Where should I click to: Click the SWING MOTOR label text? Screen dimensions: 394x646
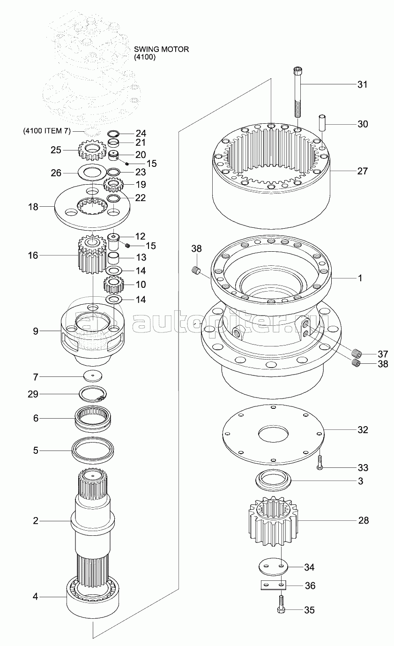[x=162, y=49]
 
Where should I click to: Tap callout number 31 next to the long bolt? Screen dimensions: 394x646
[x=362, y=84]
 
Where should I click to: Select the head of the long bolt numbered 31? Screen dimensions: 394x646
[x=298, y=71]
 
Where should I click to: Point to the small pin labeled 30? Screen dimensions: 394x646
[x=322, y=122]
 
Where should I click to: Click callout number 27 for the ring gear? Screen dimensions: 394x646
[x=362, y=171]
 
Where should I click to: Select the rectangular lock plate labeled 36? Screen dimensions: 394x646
[x=273, y=585]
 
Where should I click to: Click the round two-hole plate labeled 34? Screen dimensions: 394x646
[x=273, y=567]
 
